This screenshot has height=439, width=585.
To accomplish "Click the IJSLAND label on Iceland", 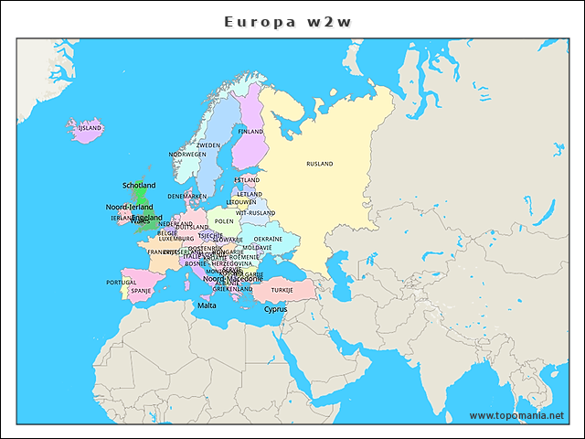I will click(90, 129).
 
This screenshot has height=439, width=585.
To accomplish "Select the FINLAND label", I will click(250, 132).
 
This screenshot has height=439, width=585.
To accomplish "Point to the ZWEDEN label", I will click(208, 145).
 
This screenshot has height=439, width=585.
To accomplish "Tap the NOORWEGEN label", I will click(187, 155).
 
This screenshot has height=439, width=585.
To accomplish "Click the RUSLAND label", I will click(320, 164).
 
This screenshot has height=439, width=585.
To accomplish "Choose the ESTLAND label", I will click(247, 180).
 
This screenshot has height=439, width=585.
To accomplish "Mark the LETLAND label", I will click(249, 194).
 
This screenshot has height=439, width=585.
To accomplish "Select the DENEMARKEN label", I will click(187, 196).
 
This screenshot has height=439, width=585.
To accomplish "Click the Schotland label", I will click(139, 185).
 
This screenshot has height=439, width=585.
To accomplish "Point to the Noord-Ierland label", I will click(129, 208).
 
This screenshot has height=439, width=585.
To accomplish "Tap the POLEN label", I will click(224, 221).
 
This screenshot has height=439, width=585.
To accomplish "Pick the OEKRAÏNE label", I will click(269, 239).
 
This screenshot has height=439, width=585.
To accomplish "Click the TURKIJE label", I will click(282, 290).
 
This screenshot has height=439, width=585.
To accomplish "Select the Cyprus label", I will click(275, 309).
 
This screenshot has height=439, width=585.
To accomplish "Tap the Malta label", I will click(207, 305).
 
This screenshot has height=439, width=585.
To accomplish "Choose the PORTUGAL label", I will click(122, 283).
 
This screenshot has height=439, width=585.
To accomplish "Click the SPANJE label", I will click(141, 291).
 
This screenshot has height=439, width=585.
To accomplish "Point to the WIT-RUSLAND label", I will click(255, 213).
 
